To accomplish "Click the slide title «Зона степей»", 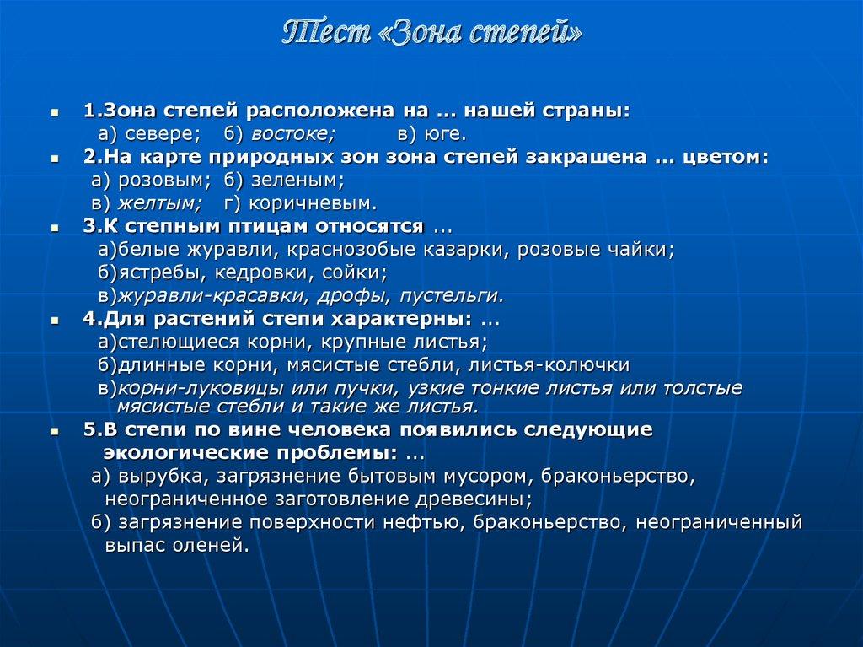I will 431,33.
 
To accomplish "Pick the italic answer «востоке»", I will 294,135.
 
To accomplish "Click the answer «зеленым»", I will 293,180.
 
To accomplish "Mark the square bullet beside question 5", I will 55,430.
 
